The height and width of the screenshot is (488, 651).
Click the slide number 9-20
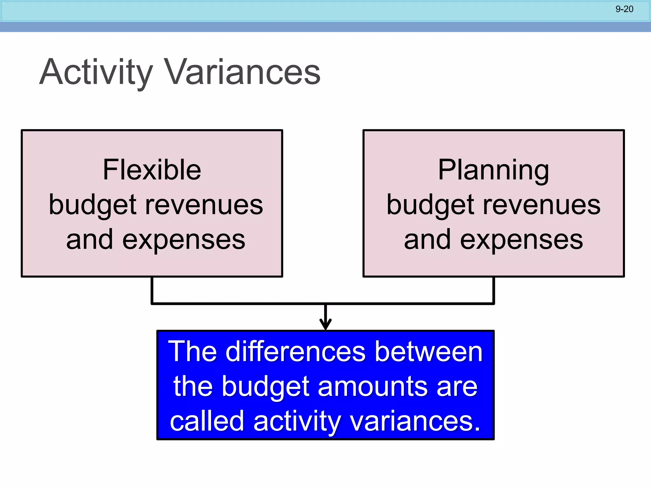coord(624,9)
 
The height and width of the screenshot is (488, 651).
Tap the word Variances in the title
coord(242,72)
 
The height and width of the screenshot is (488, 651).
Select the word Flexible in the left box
coord(152,170)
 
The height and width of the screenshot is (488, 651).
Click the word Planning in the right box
coord(493,171)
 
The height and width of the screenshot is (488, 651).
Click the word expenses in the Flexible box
coord(184,240)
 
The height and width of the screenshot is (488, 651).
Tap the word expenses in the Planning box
coord(521,240)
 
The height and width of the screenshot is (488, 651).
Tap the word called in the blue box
coord(207,421)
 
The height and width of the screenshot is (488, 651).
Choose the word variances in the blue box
coord(415,421)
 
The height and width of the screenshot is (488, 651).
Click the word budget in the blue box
coord(266,387)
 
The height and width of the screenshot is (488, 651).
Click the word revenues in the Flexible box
coord(204,205)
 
